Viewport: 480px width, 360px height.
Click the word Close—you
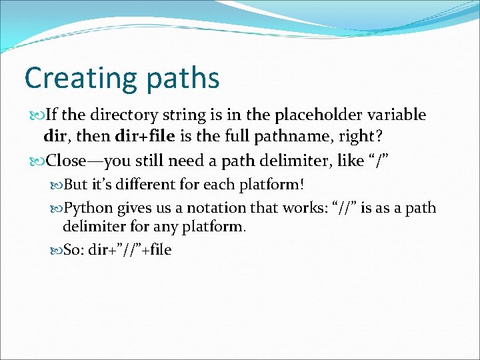(85, 161)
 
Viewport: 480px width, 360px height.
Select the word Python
(89, 208)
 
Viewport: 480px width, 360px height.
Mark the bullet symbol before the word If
(37, 115)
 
